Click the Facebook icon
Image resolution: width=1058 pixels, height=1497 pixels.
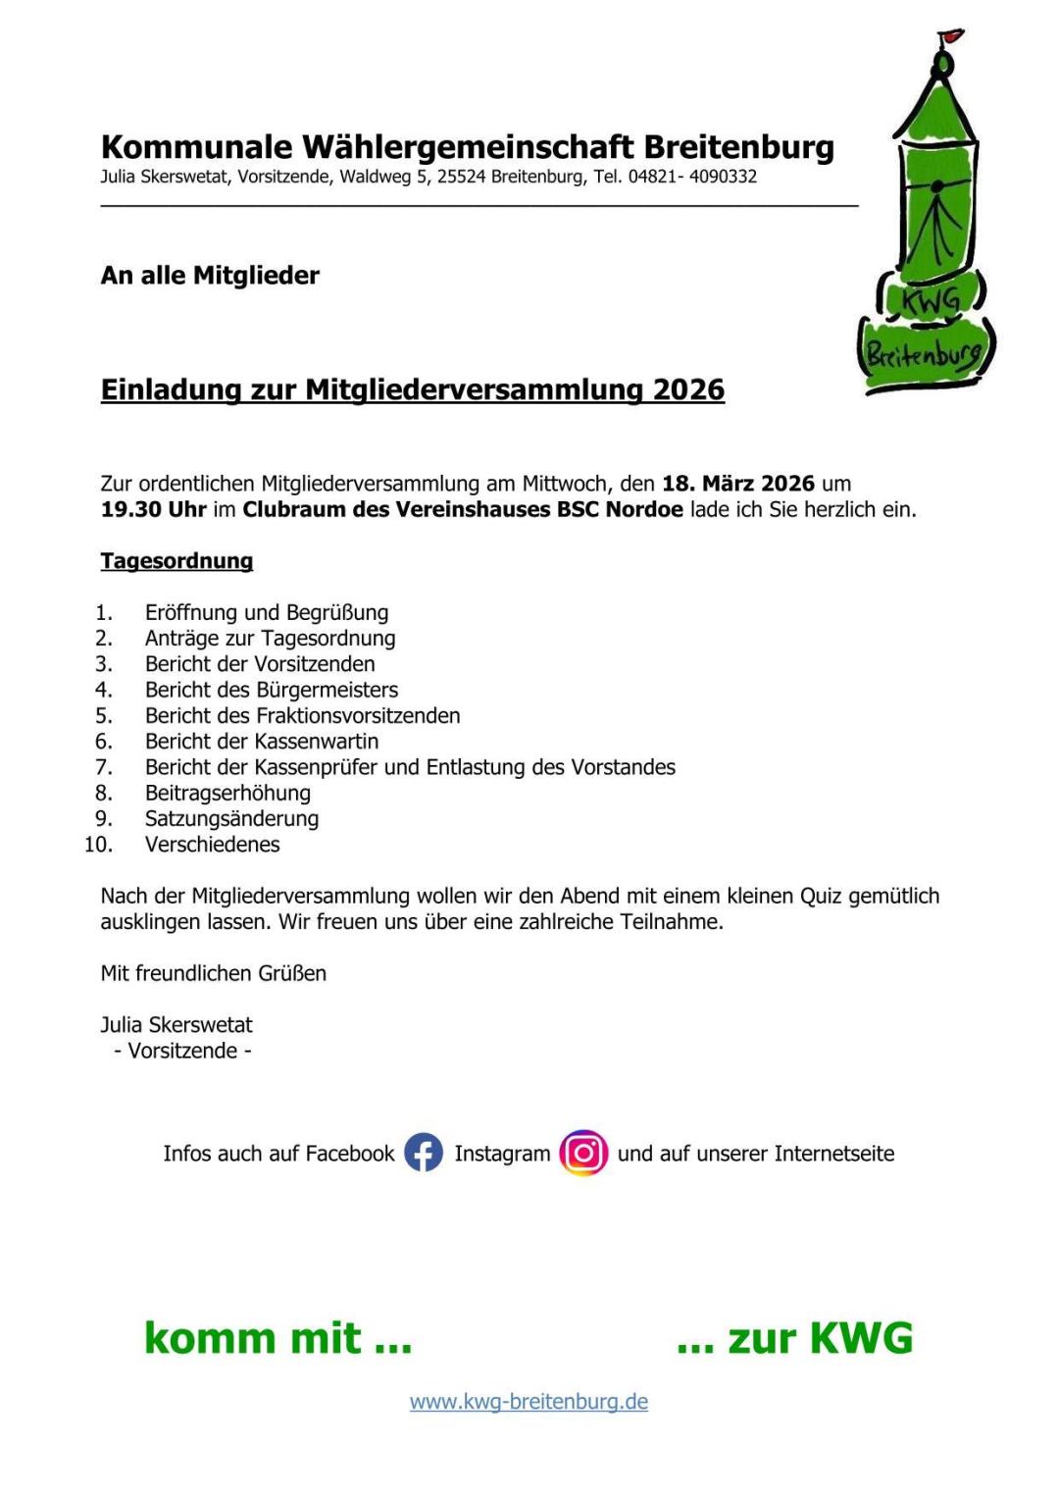[424, 1153]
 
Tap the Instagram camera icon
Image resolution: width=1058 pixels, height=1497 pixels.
[583, 1153]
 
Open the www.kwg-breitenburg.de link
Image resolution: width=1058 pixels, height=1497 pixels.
[529, 1402]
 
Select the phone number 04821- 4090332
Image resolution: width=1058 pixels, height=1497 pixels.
[692, 177]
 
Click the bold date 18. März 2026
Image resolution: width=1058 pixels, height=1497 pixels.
[738, 484]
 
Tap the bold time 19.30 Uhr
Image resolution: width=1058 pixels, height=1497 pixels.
[153, 509]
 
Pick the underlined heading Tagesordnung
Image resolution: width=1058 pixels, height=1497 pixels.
[176, 561]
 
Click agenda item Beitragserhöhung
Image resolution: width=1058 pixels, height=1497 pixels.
[227, 793]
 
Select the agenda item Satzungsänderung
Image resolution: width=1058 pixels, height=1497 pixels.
[231, 818]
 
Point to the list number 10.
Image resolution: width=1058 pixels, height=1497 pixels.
[98, 845]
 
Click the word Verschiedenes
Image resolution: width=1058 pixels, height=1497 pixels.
[212, 845]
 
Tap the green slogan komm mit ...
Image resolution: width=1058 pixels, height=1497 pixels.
[277, 1338]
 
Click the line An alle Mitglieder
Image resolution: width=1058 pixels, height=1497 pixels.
[210, 276]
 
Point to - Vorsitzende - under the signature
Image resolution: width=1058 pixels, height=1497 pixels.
[182, 1051]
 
